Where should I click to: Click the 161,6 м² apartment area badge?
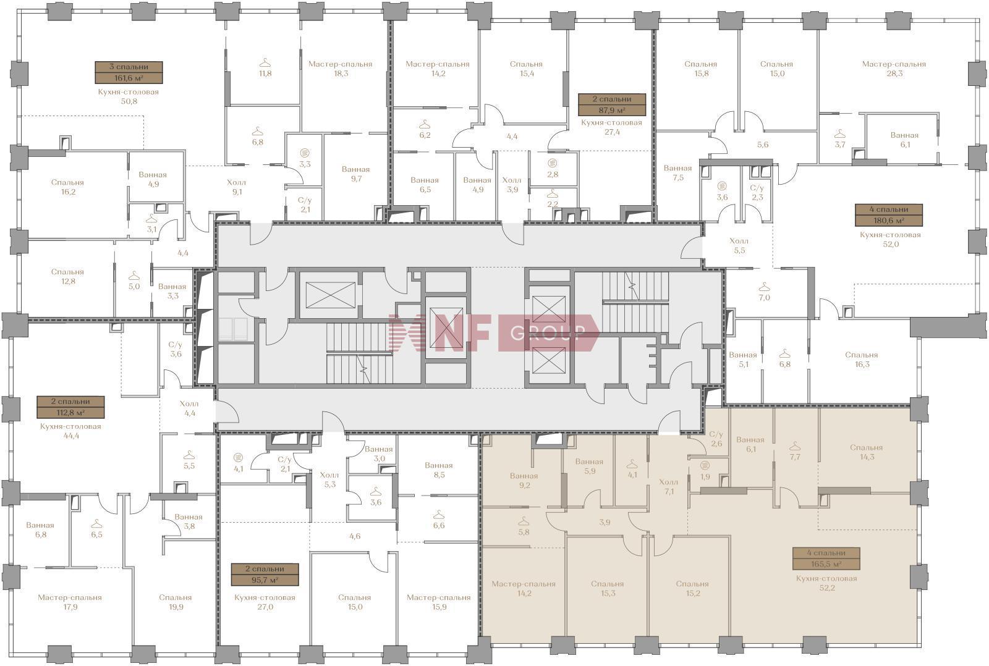tap(129, 78)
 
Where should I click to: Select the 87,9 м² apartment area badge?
tap(612, 110)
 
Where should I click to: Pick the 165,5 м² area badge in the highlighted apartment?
tap(826, 564)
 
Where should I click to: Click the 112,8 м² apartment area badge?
tap(71, 413)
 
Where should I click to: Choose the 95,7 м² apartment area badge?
tap(265, 580)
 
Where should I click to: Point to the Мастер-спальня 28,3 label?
tap(894, 69)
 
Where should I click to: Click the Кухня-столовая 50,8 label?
tap(129, 96)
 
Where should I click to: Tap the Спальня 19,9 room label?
tap(176, 602)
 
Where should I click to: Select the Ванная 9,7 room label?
tap(356, 174)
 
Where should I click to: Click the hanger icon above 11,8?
tap(265, 63)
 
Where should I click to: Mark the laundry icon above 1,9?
tap(705, 465)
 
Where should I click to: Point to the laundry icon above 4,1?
tap(238, 457)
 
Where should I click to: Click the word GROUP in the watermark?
tap(548, 332)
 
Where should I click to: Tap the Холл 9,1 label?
tap(237, 187)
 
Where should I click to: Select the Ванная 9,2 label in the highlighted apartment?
tap(524, 481)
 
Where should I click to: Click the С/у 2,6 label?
tap(716, 439)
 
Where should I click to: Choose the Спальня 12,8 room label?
tap(67, 277)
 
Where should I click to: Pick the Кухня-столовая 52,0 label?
tap(891, 239)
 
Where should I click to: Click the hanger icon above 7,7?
tap(795, 446)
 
